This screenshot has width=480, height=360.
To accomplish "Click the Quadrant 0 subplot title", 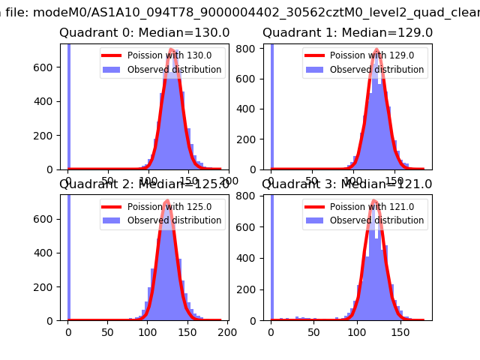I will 145,33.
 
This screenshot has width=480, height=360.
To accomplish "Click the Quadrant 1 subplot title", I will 347,33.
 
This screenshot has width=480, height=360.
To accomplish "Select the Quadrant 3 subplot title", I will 347,184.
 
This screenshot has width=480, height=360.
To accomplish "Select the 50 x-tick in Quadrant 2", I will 108,331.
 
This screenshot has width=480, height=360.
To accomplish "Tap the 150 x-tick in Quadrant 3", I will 398,331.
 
